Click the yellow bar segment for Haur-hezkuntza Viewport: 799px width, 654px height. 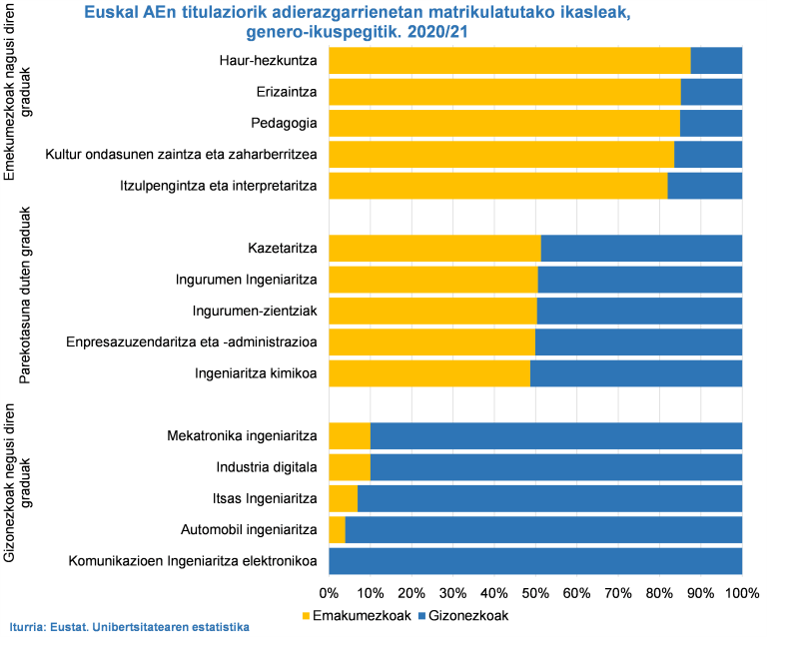[x=509, y=61]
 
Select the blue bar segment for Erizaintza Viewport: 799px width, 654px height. [x=711, y=92]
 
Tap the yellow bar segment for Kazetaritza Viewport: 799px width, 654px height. [x=434, y=248]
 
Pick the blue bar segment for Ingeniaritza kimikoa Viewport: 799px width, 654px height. [x=636, y=373]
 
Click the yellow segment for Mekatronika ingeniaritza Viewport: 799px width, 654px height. [x=350, y=435]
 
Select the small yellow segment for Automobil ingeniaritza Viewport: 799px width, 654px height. [x=337, y=529]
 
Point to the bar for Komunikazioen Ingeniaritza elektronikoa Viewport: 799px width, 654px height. [x=535, y=560]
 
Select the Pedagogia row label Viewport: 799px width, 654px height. [x=284, y=124]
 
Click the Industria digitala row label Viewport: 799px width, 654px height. [x=267, y=466]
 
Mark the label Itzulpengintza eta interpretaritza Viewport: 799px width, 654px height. [x=232, y=186]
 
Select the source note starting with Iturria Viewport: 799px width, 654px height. [x=129, y=627]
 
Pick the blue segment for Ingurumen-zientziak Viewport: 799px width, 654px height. [x=639, y=311]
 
